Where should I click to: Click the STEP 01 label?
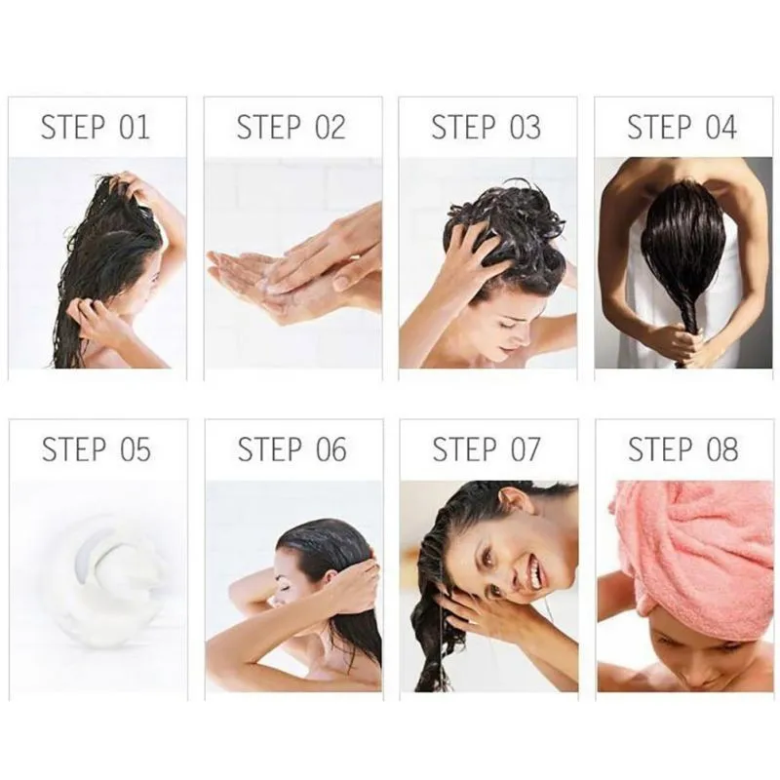coord(95,127)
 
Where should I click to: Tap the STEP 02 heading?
coord(291,127)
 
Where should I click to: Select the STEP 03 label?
coord(486,127)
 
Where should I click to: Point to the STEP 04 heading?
coord(682,127)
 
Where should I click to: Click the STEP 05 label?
coord(96,449)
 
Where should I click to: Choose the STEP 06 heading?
coord(292,449)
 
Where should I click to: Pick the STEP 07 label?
coord(486,449)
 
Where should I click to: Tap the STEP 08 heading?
coord(682,449)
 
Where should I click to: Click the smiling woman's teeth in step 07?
coord(534,572)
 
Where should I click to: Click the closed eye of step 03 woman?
coord(507,325)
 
